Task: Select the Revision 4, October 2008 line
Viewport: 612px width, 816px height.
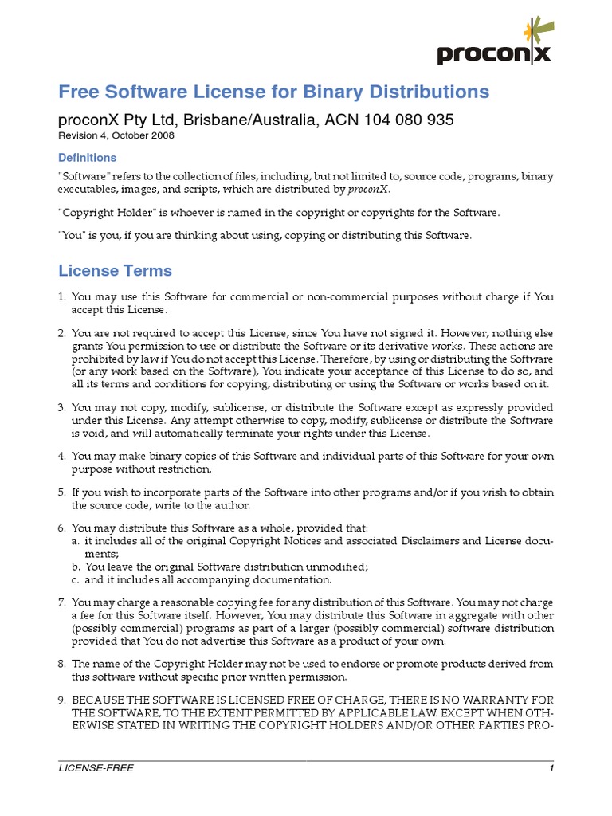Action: (116, 136)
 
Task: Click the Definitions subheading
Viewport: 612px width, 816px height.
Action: (88, 158)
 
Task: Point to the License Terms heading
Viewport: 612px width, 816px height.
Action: (116, 271)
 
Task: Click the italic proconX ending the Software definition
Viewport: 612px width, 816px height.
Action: (368, 190)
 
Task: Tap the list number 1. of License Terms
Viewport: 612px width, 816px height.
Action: (62, 297)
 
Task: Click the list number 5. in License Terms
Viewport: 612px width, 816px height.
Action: (62, 492)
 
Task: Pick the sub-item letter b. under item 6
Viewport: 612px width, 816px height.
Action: (76, 567)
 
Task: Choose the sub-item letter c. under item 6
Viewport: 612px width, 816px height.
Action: (76, 579)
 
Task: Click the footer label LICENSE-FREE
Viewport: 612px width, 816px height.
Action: (96, 768)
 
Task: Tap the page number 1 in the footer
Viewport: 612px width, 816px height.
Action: (551, 768)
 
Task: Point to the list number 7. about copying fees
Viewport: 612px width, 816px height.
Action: (62, 603)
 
